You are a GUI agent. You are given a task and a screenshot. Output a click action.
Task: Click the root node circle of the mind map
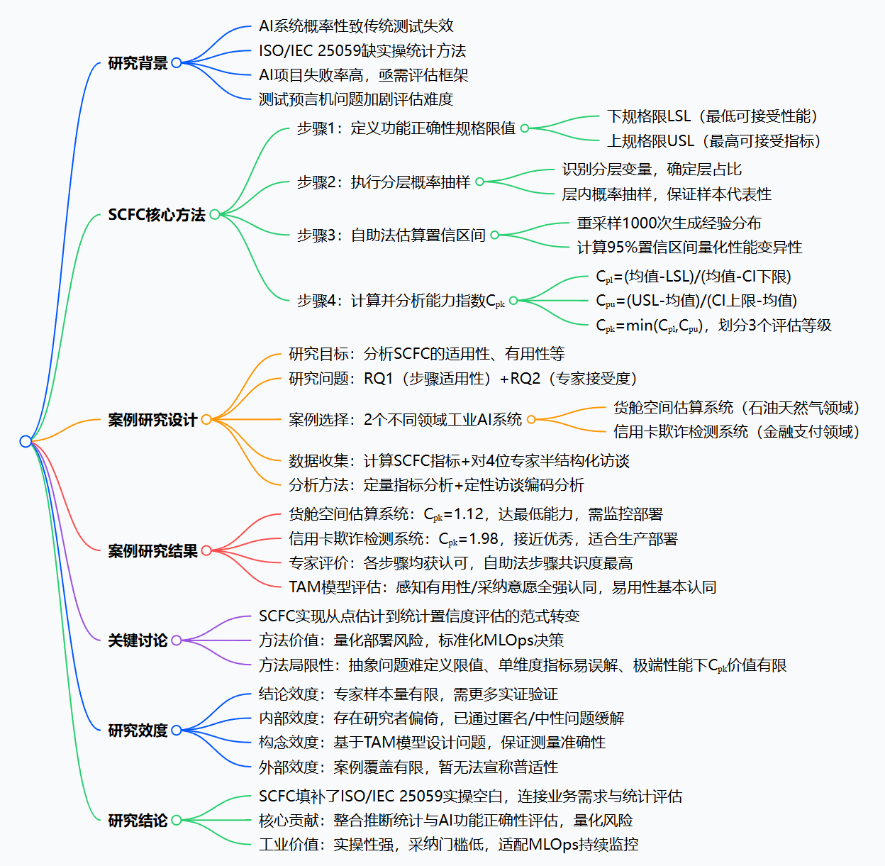point(26,441)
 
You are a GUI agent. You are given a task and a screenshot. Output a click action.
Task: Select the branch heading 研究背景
point(138,63)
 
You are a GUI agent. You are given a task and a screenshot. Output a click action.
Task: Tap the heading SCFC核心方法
point(156,214)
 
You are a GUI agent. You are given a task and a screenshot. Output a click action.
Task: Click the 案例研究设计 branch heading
point(152,420)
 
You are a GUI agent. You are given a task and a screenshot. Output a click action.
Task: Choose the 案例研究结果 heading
point(152,550)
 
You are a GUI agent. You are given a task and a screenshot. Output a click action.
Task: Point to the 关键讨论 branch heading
point(138,640)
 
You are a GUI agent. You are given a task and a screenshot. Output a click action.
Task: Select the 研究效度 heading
point(138,730)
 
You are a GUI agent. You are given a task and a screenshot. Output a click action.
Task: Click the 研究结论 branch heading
point(138,820)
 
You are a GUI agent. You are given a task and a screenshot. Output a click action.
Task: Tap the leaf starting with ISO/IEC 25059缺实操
point(362,50)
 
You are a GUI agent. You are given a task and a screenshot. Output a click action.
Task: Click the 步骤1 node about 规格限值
point(406,128)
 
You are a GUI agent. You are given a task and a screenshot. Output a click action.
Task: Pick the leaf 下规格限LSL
point(712,116)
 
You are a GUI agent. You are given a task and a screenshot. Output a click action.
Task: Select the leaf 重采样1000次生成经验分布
point(669,223)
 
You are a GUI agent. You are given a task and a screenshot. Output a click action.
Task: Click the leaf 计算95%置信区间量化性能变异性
point(689,248)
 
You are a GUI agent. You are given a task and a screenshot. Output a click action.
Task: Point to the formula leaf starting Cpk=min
point(713,326)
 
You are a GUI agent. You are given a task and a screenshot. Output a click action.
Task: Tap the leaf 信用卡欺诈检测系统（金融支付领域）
point(736,431)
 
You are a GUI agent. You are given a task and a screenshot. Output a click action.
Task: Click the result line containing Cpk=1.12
point(475,514)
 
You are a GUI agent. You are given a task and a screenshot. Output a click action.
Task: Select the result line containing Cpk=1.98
point(483,539)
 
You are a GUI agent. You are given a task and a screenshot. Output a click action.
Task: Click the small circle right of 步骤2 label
point(479,182)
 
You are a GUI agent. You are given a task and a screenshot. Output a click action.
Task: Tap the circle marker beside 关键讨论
point(176,640)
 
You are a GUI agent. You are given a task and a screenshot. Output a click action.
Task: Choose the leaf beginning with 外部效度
point(408,767)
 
